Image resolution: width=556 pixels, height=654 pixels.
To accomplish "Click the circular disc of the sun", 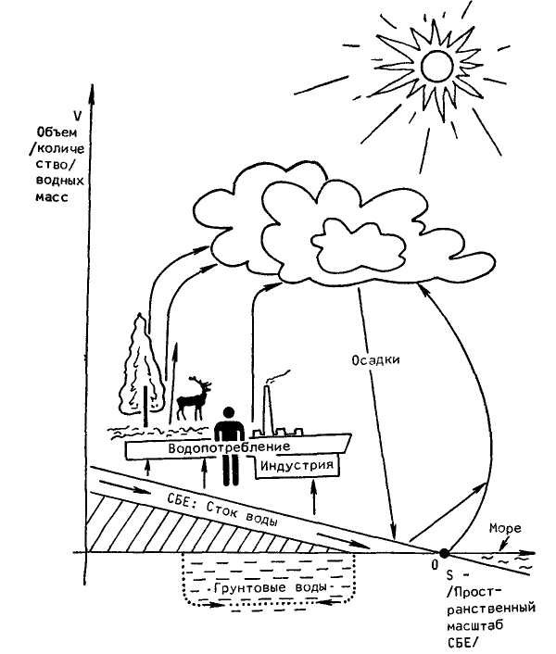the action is (436, 66).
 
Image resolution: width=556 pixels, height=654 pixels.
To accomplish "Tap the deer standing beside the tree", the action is (194, 398).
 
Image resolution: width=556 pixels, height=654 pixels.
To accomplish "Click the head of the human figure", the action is (228, 413).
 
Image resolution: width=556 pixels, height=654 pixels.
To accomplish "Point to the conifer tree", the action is (141, 371).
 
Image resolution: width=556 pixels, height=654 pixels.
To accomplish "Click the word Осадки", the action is (375, 359).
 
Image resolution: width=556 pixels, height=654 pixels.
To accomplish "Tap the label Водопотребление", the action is (229, 447).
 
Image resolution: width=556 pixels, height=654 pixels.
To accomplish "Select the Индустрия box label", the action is (297, 465).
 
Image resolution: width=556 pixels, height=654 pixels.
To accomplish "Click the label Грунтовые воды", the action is (270, 587).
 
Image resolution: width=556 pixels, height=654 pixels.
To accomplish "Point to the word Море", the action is (505, 528).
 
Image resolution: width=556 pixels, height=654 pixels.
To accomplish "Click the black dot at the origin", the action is (444, 553).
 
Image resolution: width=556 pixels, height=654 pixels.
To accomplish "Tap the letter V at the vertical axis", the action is (77, 116).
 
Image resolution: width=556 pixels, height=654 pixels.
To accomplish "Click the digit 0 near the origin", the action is (435, 565).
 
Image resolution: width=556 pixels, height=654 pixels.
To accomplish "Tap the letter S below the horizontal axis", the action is (449, 575).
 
